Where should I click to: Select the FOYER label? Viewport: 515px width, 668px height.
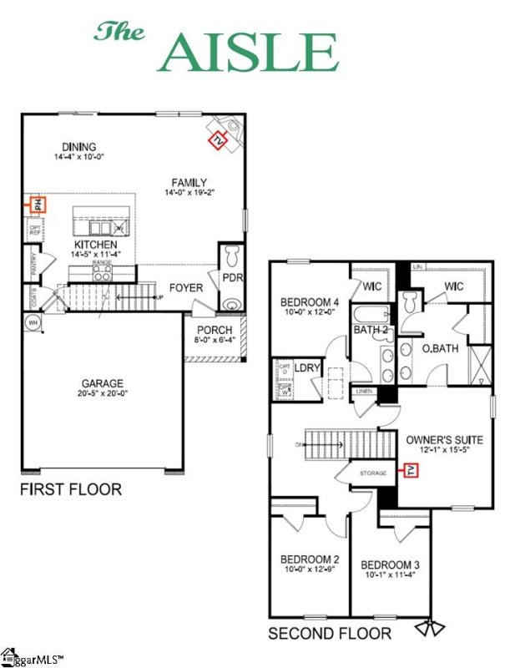point(186,288)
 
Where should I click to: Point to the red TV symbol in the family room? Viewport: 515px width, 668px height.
point(219,139)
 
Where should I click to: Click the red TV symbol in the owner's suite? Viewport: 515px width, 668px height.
point(411,473)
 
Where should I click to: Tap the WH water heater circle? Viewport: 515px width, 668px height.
point(33,321)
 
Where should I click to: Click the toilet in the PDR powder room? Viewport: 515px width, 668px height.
point(232,253)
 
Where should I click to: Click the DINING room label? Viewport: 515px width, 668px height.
point(78,146)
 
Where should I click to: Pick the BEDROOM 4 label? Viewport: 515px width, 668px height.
point(310,302)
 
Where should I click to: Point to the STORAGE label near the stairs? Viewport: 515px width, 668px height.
point(373,473)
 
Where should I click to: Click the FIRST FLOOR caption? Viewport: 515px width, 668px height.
point(71,489)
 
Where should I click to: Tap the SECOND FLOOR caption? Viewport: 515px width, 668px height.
point(331,635)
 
